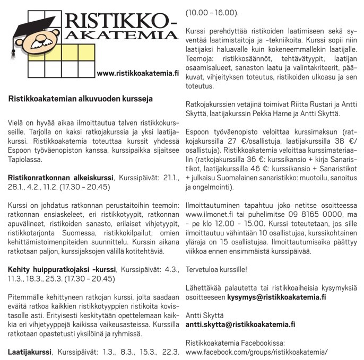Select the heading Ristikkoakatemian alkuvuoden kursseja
pyautogui.click(x=80, y=98)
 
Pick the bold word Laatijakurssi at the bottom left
pyautogui.click(x=29, y=351)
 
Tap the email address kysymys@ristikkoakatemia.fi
pyautogui.click(x=276, y=297)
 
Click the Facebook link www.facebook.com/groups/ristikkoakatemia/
pyautogui.click(x=256, y=351)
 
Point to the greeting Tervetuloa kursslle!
pyautogui.click(x=216, y=269)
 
